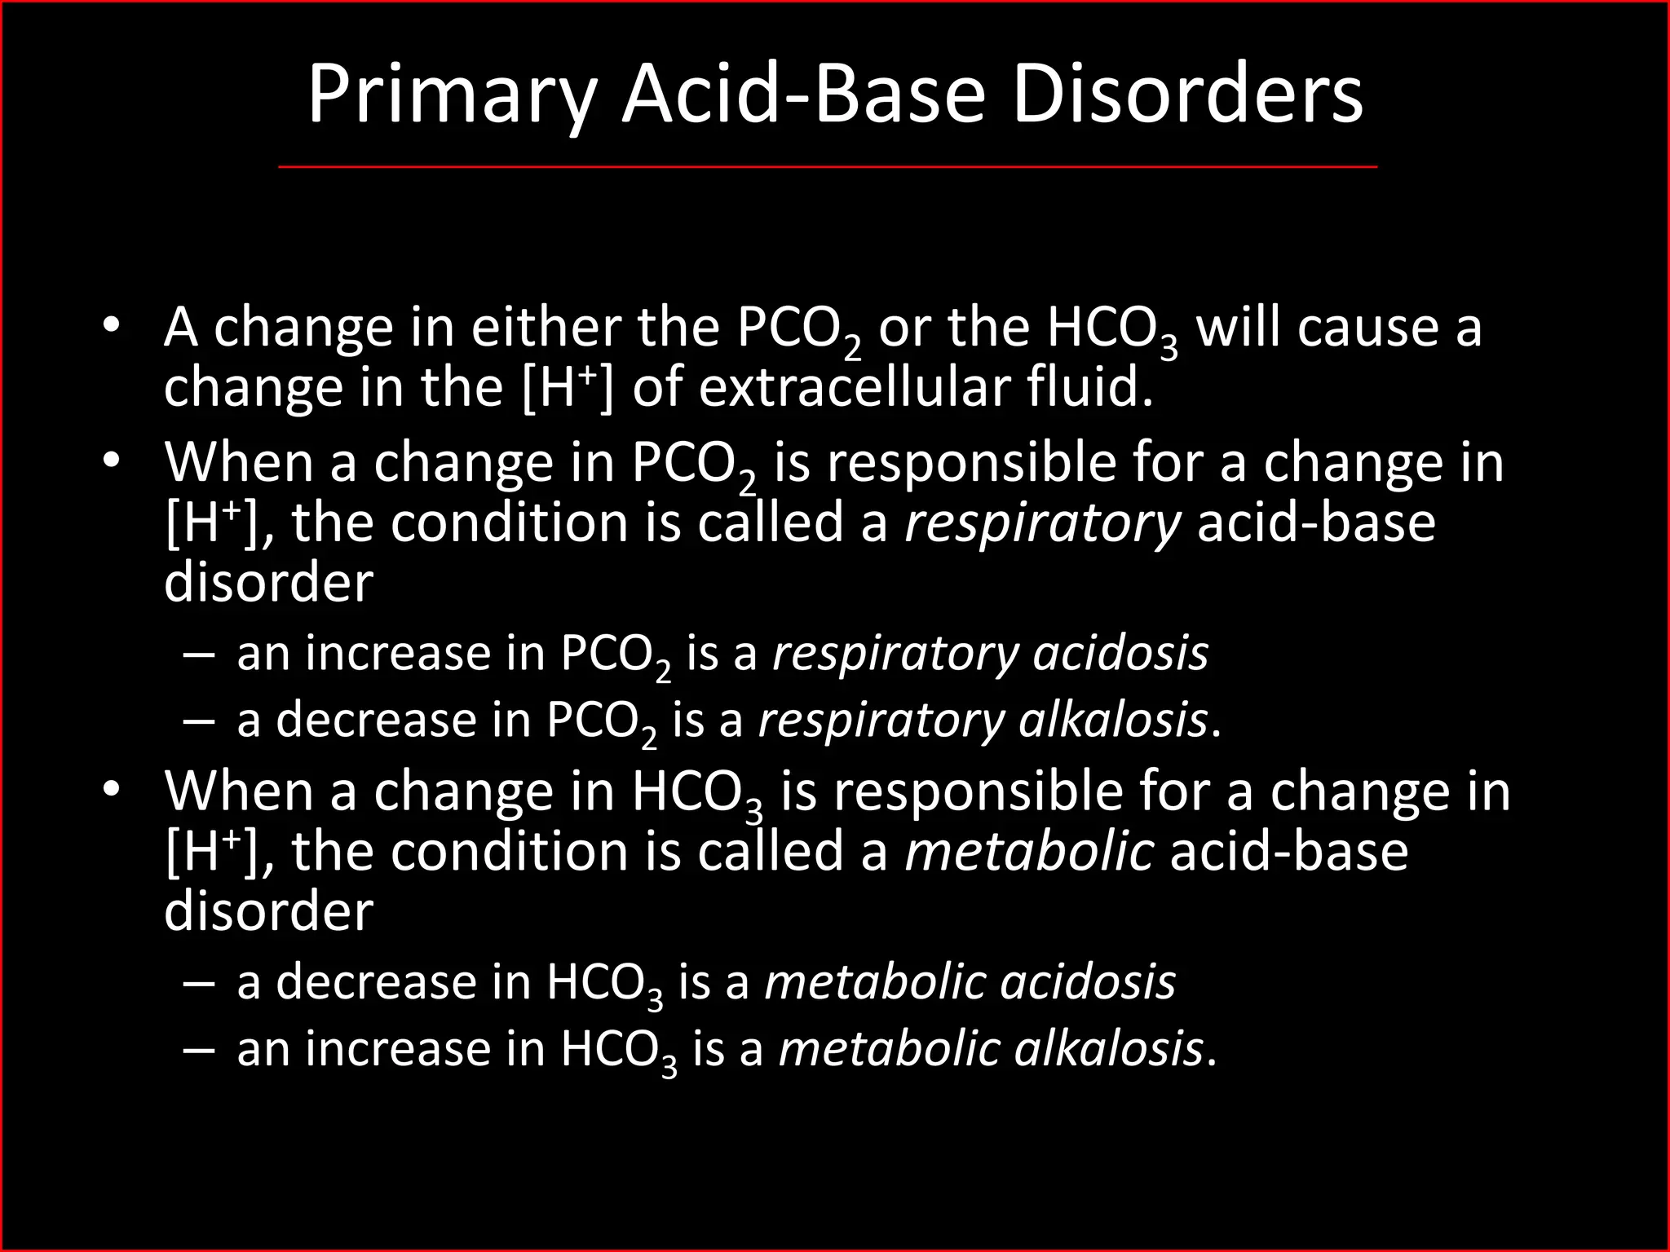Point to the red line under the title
click(828, 167)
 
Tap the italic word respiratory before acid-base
click(1042, 523)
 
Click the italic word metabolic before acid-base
click(1029, 852)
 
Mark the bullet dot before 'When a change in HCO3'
click(112, 791)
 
